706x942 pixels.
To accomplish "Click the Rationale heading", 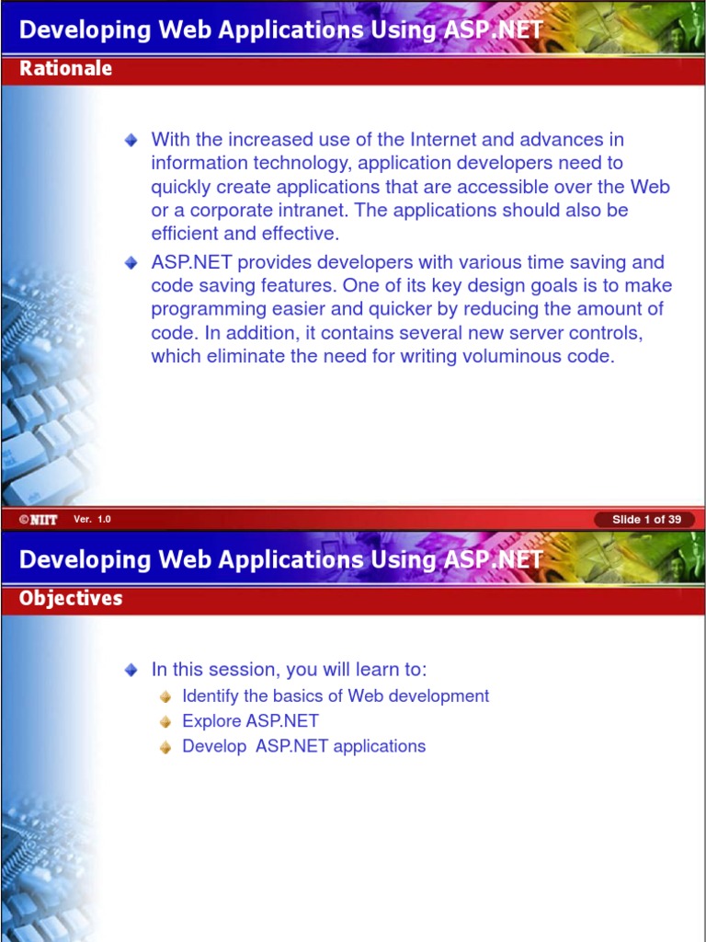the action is (65, 68).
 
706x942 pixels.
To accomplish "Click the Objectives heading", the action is (70, 598).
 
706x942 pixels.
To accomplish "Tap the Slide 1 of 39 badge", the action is (646, 520).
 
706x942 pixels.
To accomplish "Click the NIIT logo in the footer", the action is (39, 520).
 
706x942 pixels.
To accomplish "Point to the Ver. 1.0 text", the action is (93, 519).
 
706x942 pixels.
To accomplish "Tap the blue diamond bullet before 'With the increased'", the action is (131, 141).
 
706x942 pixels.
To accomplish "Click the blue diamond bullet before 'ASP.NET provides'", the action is (131, 263).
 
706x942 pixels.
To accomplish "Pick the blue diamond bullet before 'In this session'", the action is (131, 671).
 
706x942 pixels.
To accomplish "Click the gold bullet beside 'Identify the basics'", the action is (165, 697).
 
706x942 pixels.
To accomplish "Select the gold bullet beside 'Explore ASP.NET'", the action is (165, 722).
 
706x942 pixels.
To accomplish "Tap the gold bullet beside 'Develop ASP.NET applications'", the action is (165, 747).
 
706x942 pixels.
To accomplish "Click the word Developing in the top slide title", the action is (85, 30).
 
